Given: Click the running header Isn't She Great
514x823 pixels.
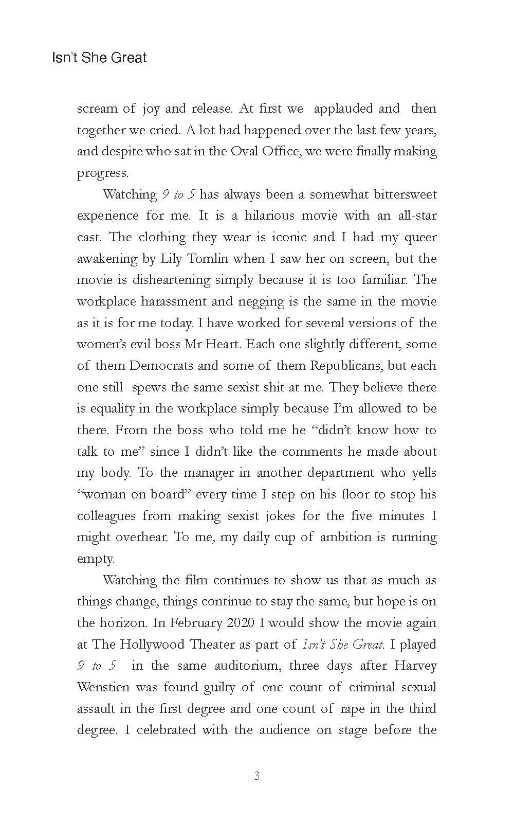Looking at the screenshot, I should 99,58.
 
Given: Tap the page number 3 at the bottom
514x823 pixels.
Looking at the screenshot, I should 256,776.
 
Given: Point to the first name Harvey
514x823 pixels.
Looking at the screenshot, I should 415,666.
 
